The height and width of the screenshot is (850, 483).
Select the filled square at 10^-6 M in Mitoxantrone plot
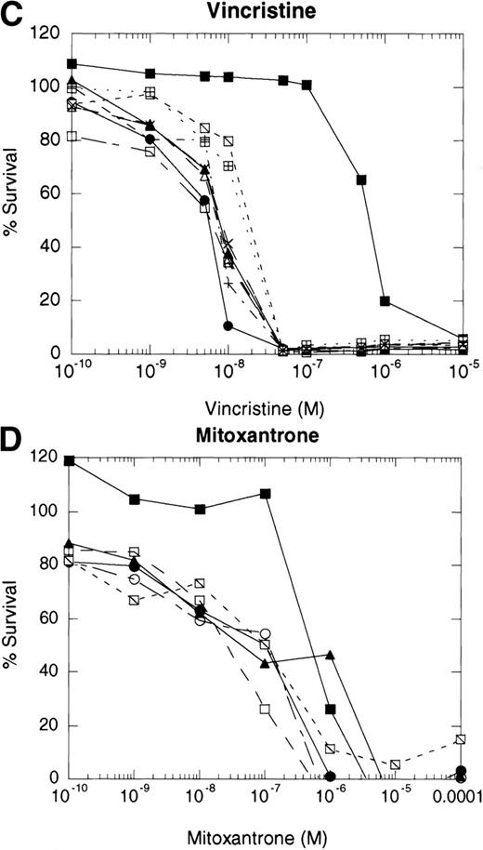[x=331, y=709]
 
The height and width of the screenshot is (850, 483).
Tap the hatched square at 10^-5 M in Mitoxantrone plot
[x=395, y=764]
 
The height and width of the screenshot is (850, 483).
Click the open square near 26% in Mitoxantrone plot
[x=265, y=709]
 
